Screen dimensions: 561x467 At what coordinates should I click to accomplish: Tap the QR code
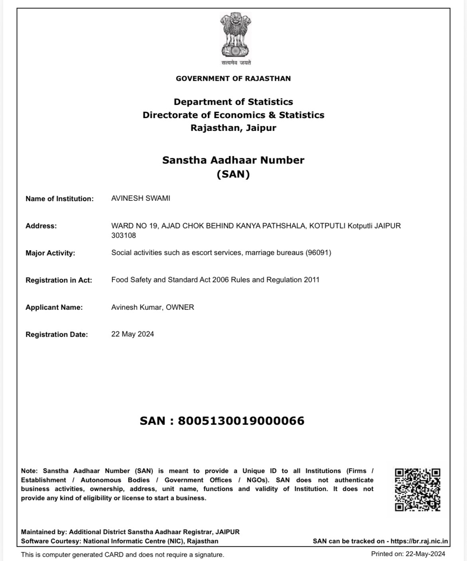coord(418,490)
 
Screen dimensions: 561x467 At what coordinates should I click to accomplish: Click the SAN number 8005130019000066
coord(241,421)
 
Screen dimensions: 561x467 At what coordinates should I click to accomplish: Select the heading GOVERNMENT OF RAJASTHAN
coord(233,79)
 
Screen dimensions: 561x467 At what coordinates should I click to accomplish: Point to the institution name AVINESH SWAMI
coord(140,198)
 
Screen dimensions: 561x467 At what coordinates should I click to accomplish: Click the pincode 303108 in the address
coord(123,236)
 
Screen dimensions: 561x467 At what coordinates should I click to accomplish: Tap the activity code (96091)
coord(318,253)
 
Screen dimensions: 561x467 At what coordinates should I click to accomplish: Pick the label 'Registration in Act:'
coord(59,280)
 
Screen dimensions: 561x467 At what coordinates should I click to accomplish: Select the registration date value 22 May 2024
coord(133,334)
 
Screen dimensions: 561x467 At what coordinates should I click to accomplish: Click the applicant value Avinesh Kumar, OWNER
coord(152,307)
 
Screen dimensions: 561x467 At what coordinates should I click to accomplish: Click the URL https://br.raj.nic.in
coord(419,541)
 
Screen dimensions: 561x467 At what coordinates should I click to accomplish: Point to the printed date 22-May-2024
coord(425,554)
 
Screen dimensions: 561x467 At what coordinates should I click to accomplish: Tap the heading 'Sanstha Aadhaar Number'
coord(233,160)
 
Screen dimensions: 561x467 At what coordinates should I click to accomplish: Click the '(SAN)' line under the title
coord(233,174)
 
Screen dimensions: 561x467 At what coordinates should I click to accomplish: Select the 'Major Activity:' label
coord(50,253)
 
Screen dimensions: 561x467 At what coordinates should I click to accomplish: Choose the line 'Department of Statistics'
coord(233,102)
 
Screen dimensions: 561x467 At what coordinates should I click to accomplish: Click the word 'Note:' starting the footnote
coord(29,471)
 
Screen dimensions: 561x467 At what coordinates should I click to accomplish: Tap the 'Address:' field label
coord(41,226)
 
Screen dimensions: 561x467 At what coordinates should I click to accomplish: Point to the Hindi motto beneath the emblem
coord(236,63)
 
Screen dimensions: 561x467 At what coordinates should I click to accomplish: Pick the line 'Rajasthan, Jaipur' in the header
coord(233,128)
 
